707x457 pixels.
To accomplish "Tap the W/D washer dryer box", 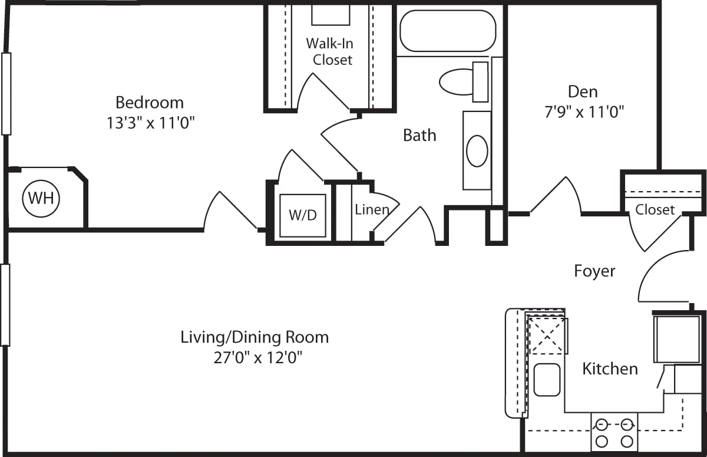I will (x=302, y=215).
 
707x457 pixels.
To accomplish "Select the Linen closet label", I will (x=371, y=209).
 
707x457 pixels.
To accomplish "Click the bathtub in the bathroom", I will (x=447, y=31).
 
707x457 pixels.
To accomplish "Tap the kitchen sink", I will (x=547, y=379).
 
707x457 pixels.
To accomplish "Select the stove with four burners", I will (x=614, y=432).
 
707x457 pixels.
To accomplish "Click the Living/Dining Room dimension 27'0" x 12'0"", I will (x=254, y=357).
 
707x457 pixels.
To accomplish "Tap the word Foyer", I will (x=594, y=271).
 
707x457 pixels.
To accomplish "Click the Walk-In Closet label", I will (x=332, y=51).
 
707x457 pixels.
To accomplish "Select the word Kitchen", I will (x=610, y=369).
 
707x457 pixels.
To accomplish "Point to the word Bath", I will (x=419, y=135).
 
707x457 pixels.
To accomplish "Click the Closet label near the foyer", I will (x=655, y=209).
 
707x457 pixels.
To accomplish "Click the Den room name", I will (x=582, y=91).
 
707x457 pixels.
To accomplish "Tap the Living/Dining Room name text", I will (x=254, y=337).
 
